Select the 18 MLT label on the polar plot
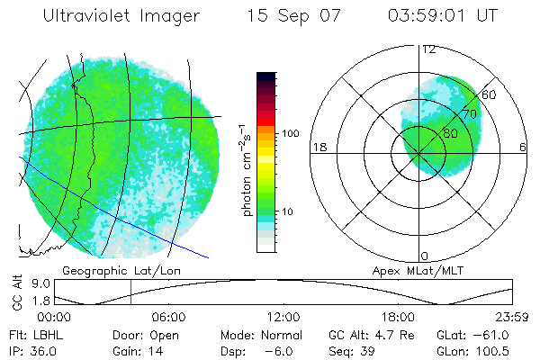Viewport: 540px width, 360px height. [x=318, y=147]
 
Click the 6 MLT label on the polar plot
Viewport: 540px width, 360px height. [x=523, y=147]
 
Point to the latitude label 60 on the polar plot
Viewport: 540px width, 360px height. [x=489, y=94]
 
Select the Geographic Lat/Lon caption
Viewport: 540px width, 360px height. [x=107, y=270]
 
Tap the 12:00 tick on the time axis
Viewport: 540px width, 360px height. [x=283, y=318]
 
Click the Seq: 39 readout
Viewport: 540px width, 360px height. [x=350, y=350]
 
